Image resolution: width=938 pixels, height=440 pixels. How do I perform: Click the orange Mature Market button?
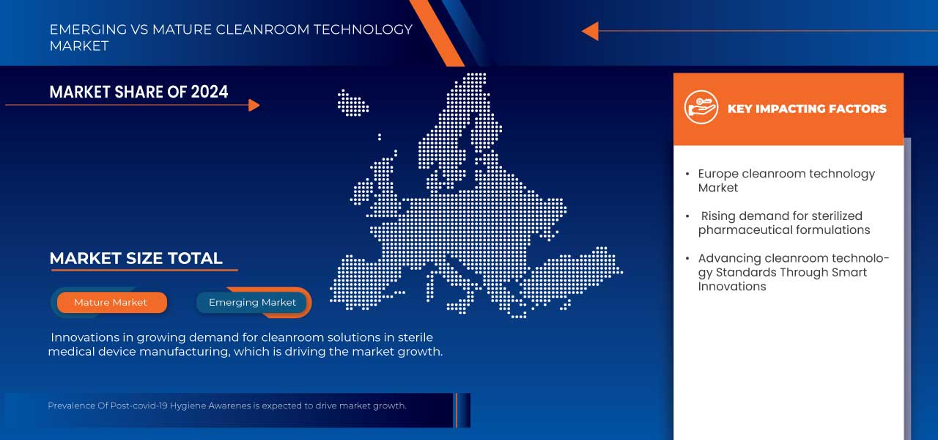[x=112, y=303]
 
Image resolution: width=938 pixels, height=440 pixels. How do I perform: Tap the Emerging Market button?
[x=252, y=303]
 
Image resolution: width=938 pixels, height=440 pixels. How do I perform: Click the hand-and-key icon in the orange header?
[x=701, y=107]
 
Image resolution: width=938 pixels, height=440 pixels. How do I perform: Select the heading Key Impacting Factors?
[x=807, y=109]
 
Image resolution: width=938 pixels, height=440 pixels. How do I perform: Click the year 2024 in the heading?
[x=210, y=92]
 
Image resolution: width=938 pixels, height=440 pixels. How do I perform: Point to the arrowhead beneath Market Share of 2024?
[x=254, y=105]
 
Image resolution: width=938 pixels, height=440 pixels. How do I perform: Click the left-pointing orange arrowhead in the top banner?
[x=590, y=31]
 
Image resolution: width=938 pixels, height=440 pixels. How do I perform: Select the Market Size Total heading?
[x=136, y=258]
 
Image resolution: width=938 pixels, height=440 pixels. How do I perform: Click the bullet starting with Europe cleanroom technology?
[x=786, y=180]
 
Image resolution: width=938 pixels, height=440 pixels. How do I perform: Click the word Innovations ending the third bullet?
[x=732, y=287]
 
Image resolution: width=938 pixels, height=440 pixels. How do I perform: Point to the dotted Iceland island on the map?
[x=353, y=103]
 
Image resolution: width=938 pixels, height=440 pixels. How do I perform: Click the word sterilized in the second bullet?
[x=837, y=216]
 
